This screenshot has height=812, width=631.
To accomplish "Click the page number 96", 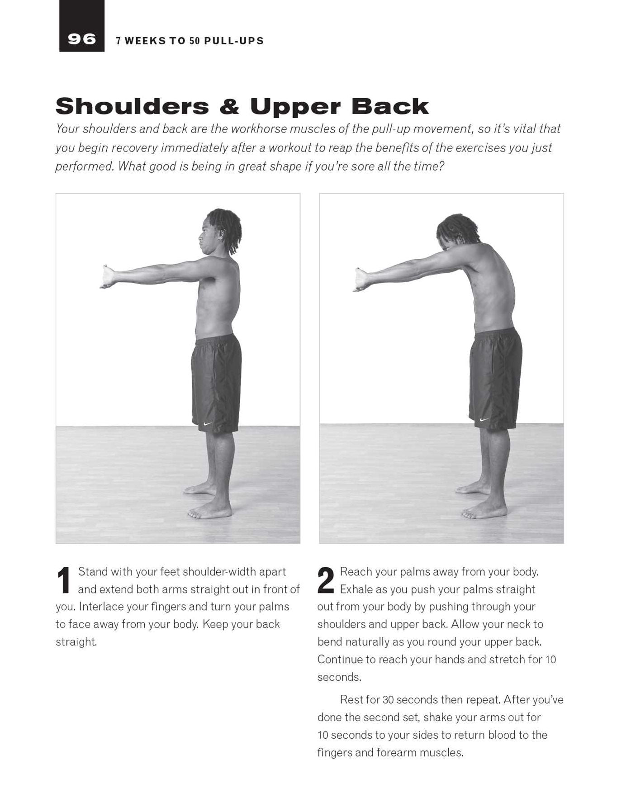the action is [x=81, y=39].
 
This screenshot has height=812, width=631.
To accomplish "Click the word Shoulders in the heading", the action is [x=132, y=106].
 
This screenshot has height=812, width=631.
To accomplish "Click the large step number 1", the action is [x=64, y=580].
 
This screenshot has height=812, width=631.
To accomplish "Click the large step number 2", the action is [x=326, y=580].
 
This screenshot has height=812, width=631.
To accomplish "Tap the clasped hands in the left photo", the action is [x=108, y=277].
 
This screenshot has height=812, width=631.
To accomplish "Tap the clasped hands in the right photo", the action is [x=361, y=280].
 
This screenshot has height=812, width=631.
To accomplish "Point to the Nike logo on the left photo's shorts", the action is [x=208, y=424].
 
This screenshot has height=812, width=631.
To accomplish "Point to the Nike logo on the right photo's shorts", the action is [x=484, y=420].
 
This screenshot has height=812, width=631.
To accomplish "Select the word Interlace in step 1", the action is [x=101, y=607].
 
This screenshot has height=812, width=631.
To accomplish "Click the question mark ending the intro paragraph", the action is [x=441, y=166].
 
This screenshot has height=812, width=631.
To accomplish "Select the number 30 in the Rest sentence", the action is [x=388, y=700].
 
